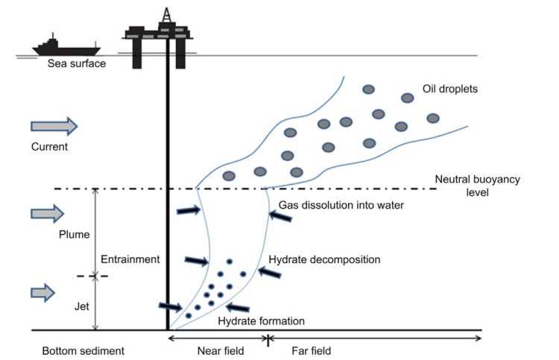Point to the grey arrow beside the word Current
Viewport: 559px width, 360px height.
tap(54, 125)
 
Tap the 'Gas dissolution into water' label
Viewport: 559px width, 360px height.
tap(341, 205)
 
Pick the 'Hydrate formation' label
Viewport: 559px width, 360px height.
tap(262, 320)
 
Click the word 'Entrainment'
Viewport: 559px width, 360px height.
tap(130, 260)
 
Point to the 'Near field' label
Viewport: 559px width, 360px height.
tap(220, 350)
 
